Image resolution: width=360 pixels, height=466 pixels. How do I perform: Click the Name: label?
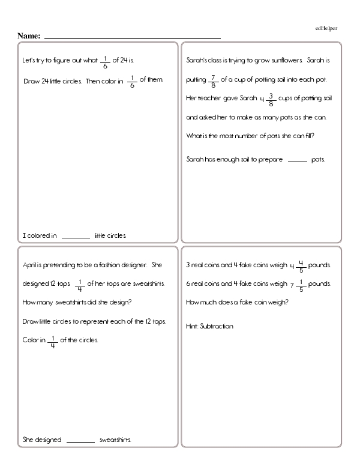click(x=29, y=37)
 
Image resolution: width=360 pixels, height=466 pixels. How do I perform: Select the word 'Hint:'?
click(x=193, y=327)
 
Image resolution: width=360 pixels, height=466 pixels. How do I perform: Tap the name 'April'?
click(x=31, y=265)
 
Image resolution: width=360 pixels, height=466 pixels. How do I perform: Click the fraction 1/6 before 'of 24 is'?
click(x=106, y=62)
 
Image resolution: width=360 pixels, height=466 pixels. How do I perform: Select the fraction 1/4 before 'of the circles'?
click(x=52, y=341)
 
